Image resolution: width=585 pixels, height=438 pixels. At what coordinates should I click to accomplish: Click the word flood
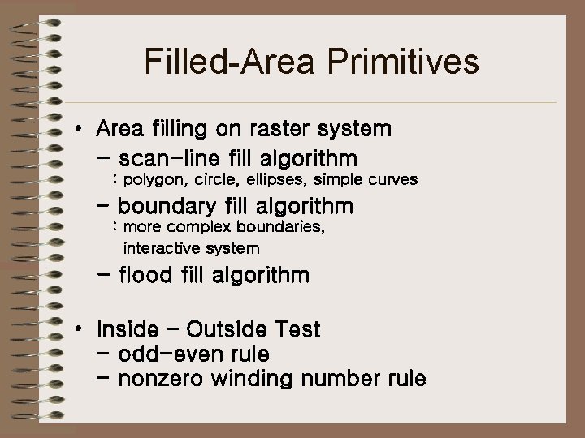[145, 276]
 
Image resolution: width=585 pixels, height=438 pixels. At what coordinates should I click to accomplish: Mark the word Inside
[127, 330]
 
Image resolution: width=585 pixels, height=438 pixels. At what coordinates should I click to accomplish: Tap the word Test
[298, 330]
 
